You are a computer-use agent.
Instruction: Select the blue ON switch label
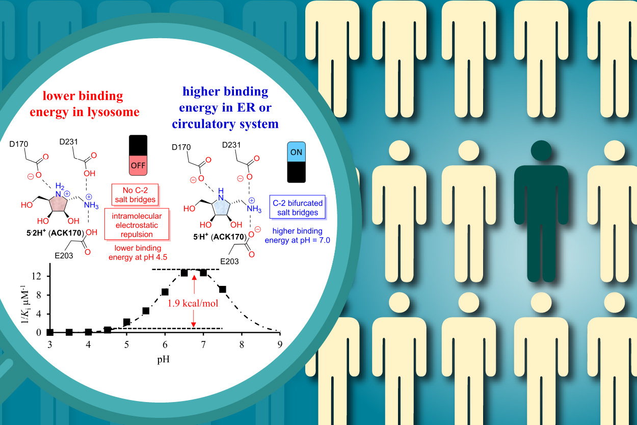pos(296,151)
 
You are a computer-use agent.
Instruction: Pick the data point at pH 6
pos(165,292)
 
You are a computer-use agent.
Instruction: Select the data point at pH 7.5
pos(222,289)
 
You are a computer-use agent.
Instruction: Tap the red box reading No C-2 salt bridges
pos(134,194)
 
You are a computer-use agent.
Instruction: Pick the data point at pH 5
pos(127,322)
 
